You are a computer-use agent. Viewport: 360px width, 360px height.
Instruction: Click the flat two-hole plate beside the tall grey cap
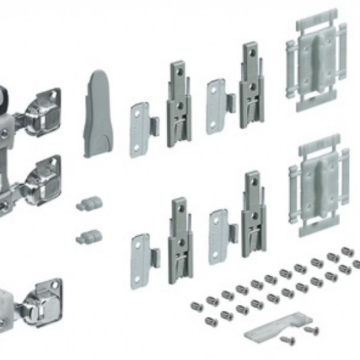(140, 129)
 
